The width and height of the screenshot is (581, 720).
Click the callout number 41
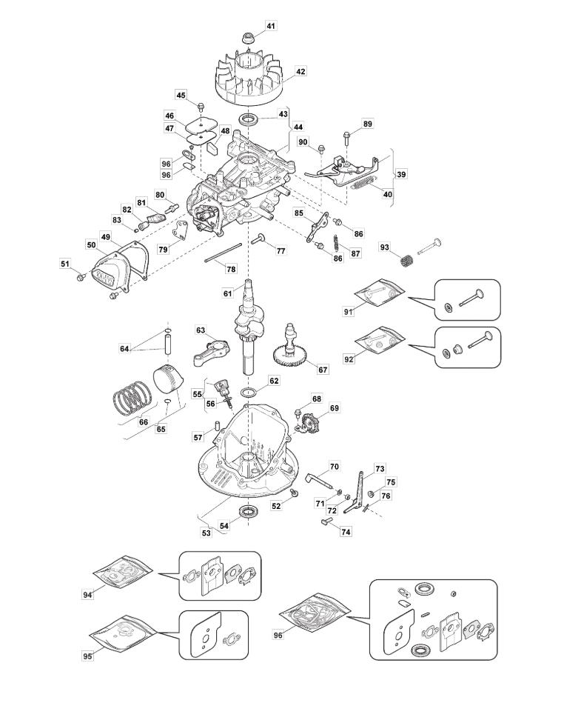click(x=270, y=26)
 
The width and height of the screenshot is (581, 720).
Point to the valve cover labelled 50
click(x=111, y=273)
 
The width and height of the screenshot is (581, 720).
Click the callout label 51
click(x=64, y=263)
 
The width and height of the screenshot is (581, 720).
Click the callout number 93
click(x=384, y=247)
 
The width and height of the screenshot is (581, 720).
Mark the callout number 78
click(x=232, y=269)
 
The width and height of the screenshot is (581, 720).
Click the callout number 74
click(x=346, y=532)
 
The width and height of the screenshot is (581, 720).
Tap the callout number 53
click(x=206, y=533)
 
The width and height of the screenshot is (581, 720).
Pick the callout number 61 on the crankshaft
click(x=228, y=293)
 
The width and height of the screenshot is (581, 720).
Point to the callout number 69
click(x=335, y=408)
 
